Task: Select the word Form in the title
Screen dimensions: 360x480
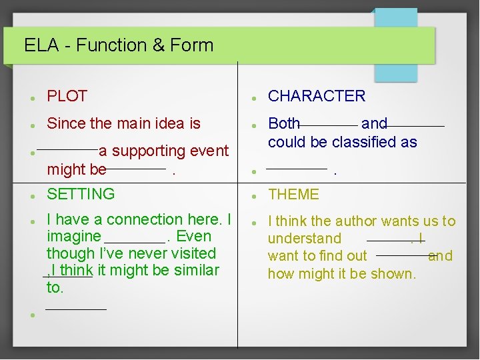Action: click(x=192, y=45)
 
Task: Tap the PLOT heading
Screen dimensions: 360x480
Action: click(x=67, y=96)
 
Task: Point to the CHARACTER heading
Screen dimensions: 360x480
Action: click(x=317, y=96)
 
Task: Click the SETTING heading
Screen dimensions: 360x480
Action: click(x=81, y=194)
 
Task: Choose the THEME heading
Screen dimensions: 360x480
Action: click(x=293, y=195)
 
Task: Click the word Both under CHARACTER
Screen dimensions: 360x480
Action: click(x=284, y=123)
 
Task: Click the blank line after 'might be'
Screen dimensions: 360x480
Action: click(x=136, y=169)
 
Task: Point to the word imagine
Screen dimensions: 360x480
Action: click(x=73, y=237)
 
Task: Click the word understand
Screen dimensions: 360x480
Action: click(x=304, y=239)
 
